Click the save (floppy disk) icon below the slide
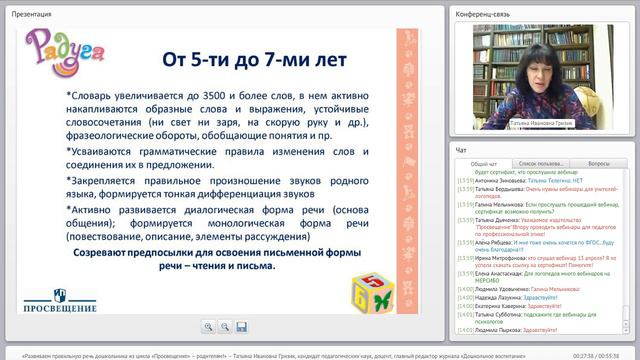click(242, 327)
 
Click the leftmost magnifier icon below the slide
click(208, 327)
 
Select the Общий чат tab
click(483, 162)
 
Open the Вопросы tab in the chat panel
click(599, 162)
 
